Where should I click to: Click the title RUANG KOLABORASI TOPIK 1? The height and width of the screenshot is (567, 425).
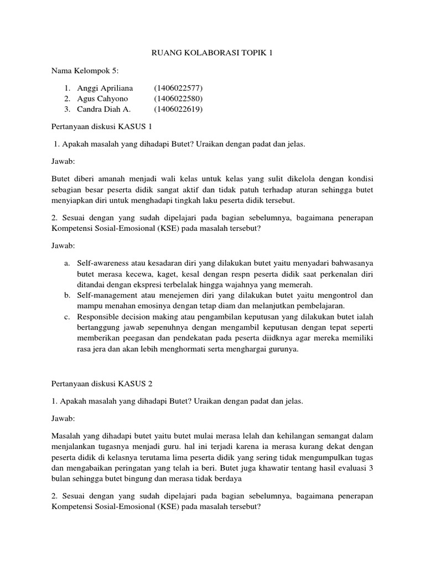[x=212, y=53]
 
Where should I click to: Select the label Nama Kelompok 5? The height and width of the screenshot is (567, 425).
[x=85, y=71]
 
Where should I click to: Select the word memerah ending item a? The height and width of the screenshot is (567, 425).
[x=266, y=284]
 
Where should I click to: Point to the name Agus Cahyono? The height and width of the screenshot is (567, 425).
[x=101, y=99]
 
